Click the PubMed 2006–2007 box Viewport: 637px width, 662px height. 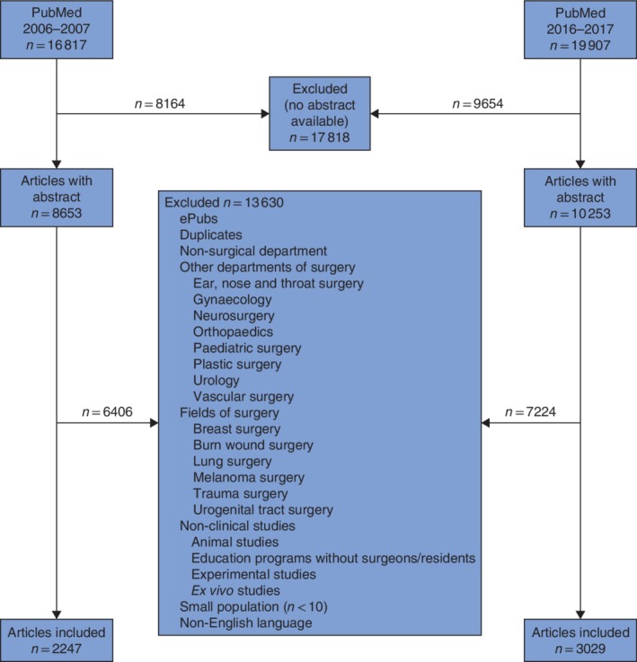(57, 34)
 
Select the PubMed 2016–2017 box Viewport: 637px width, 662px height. (579, 34)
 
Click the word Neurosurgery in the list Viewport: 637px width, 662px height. (234, 317)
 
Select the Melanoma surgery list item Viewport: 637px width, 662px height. (249, 477)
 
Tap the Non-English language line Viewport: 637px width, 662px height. (245, 622)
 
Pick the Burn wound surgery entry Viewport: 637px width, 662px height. (252, 445)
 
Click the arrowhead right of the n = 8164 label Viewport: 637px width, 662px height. (265, 114)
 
